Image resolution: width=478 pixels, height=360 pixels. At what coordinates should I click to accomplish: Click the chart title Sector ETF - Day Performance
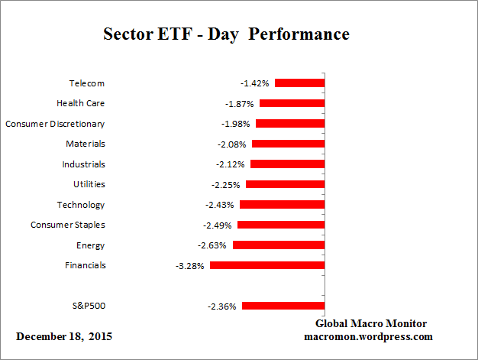pyautogui.click(x=226, y=35)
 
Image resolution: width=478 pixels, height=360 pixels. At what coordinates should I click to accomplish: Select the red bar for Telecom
pyautogui.click(x=300, y=83)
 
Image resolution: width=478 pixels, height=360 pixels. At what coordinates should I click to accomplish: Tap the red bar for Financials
pyautogui.click(x=267, y=265)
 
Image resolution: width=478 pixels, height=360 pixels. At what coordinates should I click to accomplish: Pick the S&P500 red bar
pyautogui.click(x=283, y=306)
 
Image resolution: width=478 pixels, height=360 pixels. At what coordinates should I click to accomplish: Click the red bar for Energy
pyautogui.click(x=279, y=245)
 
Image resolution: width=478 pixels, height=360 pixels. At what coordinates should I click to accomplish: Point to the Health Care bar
pyautogui.click(x=292, y=103)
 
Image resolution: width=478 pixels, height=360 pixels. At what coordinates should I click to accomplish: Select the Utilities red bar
pyautogui.click(x=286, y=184)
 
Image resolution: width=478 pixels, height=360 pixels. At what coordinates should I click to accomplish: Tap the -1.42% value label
pyautogui.click(x=256, y=83)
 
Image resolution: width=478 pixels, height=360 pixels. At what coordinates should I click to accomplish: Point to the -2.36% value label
pyautogui.click(x=222, y=306)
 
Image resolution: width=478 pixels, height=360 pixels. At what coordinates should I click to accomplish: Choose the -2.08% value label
pyautogui.click(x=233, y=144)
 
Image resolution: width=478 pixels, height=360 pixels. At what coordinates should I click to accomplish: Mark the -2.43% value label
pyautogui.click(x=221, y=205)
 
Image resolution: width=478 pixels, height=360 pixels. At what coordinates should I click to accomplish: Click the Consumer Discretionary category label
pyautogui.click(x=55, y=124)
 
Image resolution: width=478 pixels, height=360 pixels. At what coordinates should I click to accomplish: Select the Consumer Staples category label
pyautogui.click(x=68, y=225)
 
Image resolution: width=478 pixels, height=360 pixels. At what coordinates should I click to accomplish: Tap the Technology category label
pyautogui.click(x=81, y=205)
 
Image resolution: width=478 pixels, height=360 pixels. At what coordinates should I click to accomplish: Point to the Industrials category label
pyautogui.click(x=83, y=164)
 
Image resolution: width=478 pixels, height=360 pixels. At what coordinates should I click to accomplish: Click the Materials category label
pyautogui.click(x=86, y=144)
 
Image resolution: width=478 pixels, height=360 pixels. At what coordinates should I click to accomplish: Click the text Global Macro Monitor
pyautogui.click(x=371, y=324)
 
